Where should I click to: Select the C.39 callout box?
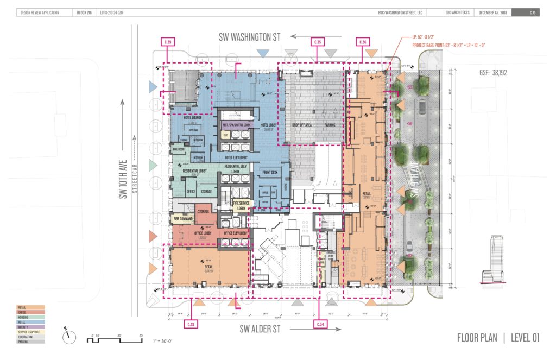pyautogui.click(x=168, y=42)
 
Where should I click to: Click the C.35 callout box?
pyautogui.click(x=317, y=42)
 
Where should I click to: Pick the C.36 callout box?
pyautogui.click(x=362, y=42)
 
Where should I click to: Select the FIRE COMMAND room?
pyautogui.click(x=182, y=219)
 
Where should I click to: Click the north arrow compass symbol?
pyautogui.click(x=69, y=337)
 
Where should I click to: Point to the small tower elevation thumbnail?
pyautogui.click(x=495, y=260)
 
